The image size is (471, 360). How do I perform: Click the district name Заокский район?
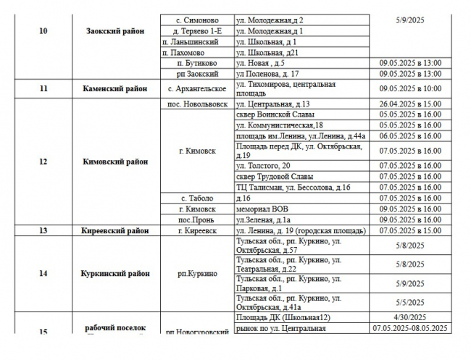point(114,31)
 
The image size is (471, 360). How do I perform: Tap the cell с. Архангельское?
point(198,88)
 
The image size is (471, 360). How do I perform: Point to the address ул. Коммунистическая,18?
point(280,125)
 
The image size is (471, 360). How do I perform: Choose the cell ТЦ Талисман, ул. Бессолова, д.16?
point(293,188)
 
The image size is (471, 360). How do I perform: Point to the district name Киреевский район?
point(114,230)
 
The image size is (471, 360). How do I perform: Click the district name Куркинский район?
point(116,274)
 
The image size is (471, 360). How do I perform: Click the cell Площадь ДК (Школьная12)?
point(283,317)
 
